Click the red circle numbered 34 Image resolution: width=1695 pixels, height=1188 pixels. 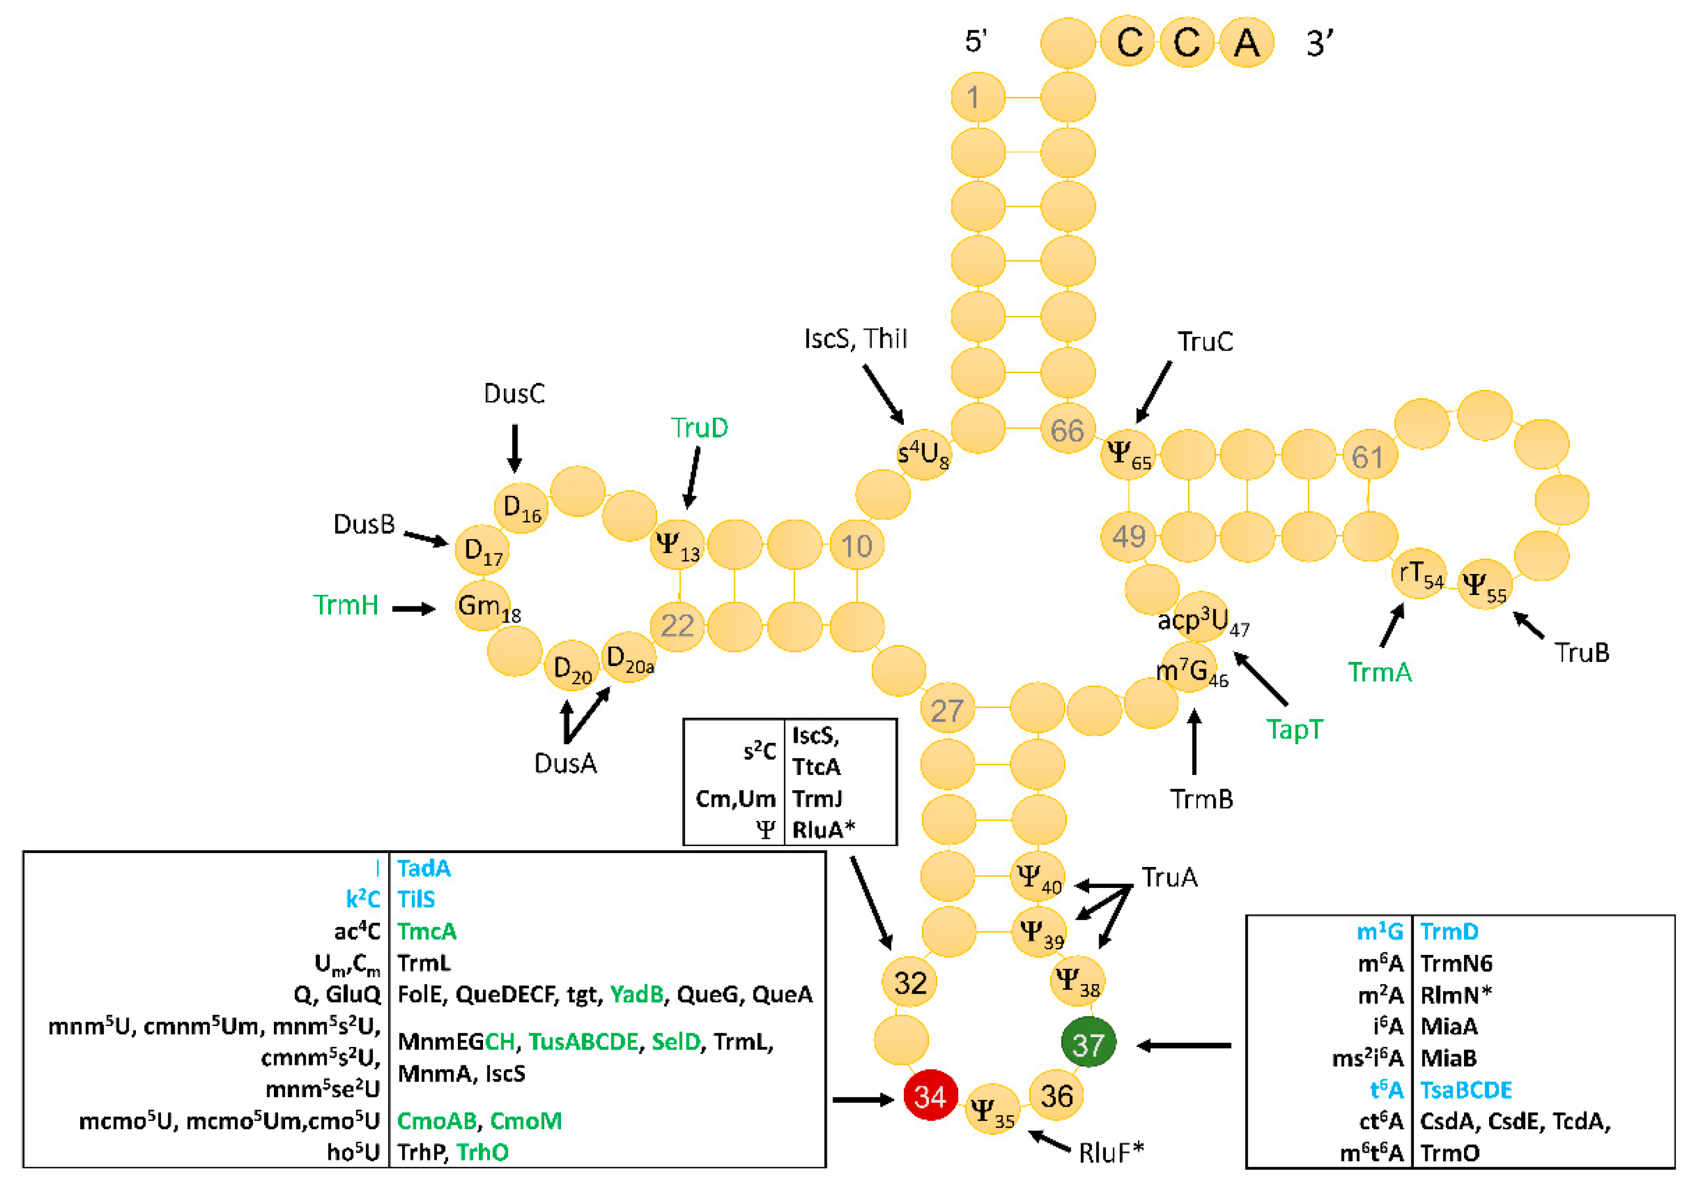tap(930, 1095)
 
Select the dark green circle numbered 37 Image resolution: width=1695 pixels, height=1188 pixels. tap(1088, 1043)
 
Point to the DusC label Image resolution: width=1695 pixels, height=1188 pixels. tap(514, 394)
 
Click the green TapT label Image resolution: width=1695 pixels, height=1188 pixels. tap(1295, 729)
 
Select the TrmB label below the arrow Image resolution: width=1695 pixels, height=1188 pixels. tap(1201, 799)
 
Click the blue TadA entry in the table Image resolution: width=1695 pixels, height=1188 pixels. tap(424, 869)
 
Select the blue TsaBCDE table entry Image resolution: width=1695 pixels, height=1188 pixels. tap(1466, 1090)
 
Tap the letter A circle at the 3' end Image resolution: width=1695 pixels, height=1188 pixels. tap(1246, 43)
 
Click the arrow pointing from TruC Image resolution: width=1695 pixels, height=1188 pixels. tap(1153, 392)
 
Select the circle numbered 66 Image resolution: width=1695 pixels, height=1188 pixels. tap(1067, 430)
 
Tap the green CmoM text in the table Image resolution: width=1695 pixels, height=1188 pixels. tap(526, 1121)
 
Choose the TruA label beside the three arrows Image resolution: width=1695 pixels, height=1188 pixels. tap(1169, 877)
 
